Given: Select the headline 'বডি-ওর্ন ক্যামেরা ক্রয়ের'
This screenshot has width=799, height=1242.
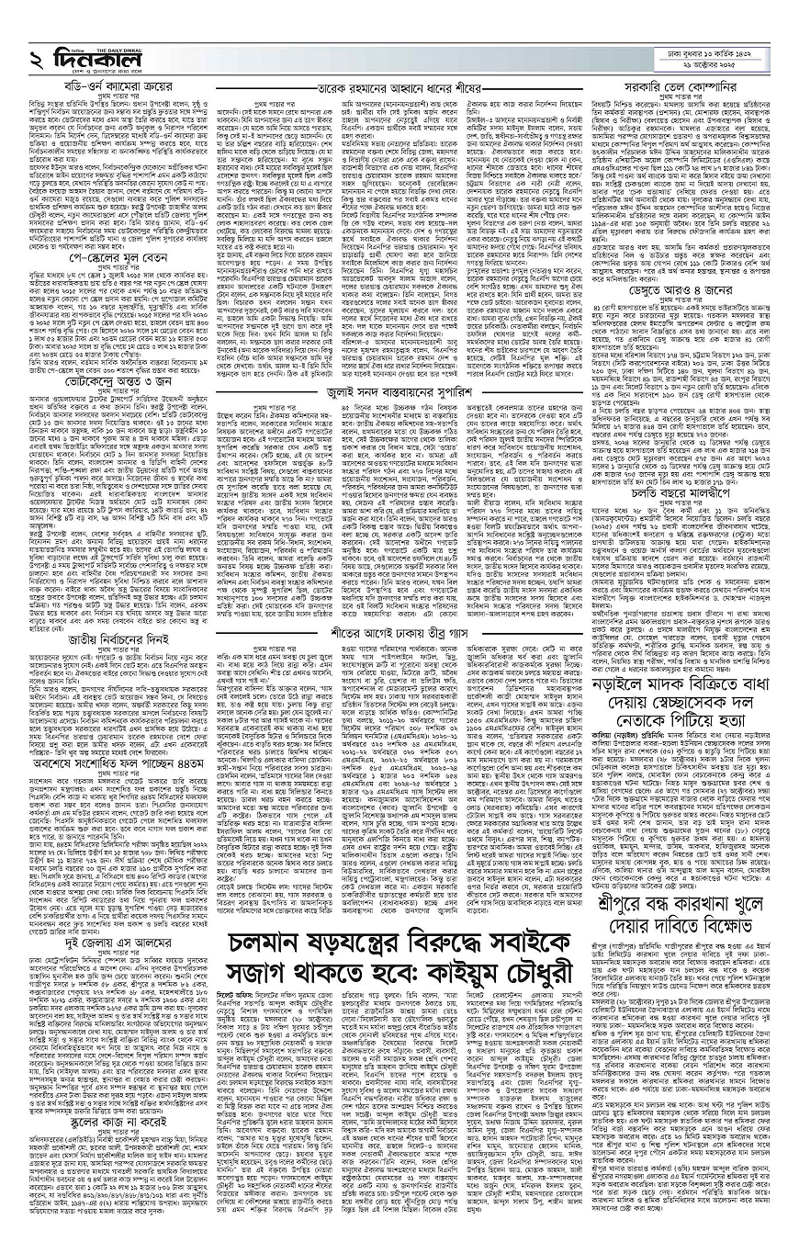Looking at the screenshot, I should tap(107, 88).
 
